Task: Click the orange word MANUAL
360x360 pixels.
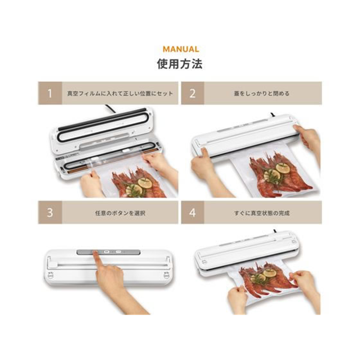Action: coord(181,49)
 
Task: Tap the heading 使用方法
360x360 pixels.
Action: coord(180,63)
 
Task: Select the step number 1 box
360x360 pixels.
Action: coord(50,93)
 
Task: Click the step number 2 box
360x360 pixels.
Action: coord(193,93)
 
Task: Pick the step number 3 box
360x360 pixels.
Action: coord(50,212)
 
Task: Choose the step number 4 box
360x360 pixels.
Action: coord(193,212)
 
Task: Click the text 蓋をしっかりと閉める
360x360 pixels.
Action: coord(261,94)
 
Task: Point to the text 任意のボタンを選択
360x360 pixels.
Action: coord(120,213)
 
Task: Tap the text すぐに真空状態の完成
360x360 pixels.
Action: coord(262,213)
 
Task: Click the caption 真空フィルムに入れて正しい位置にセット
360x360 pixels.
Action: coord(120,94)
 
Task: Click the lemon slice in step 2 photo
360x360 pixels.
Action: coord(283,168)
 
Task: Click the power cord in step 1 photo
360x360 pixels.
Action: coord(111,108)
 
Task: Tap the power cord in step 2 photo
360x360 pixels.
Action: coord(272,115)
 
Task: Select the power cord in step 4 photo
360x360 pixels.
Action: coord(275,231)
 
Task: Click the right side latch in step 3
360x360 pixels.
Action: coord(167,274)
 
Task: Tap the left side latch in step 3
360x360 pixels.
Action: coord(50,274)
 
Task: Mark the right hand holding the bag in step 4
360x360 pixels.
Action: coord(306,285)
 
